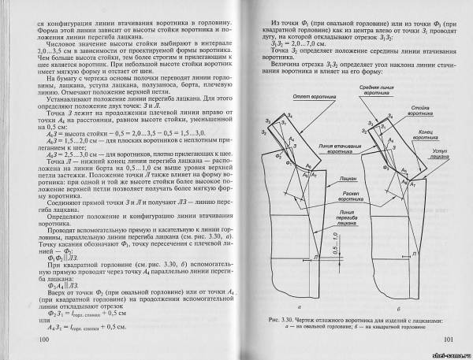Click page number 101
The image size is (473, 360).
click(x=448, y=340)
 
